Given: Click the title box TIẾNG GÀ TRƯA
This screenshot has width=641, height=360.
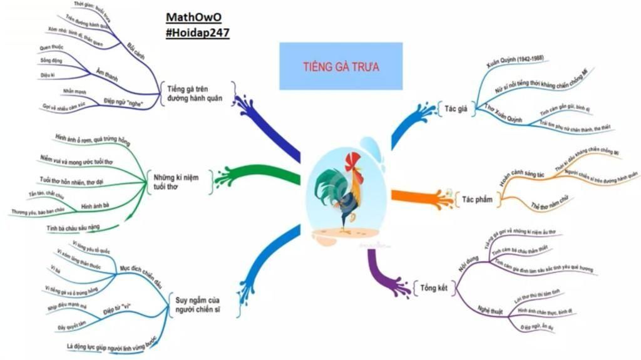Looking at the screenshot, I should pyautogui.click(x=341, y=66).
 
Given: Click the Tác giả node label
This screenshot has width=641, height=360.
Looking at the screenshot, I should pyautogui.click(x=457, y=108).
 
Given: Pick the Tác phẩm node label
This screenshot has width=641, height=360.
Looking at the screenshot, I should pyautogui.click(x=478, y=199).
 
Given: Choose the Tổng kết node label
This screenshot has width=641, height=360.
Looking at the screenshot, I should pyautogui.click(x=433, y=287).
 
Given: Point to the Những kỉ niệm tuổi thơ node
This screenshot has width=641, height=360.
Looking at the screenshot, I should pyautogui.click(x=176, y=182).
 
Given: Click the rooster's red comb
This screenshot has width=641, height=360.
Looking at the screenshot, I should pyautogui.click(x=354, y=160).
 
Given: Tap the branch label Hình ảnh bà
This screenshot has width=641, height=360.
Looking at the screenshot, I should pyautogui.click(x=96, y=206).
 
